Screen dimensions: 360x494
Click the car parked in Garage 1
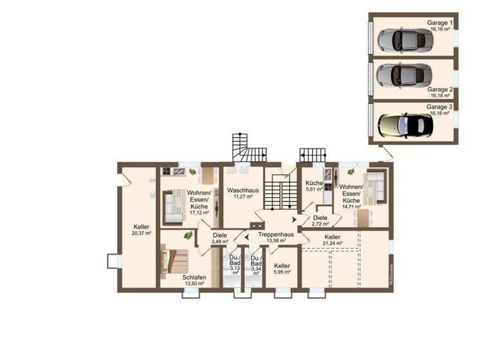(x=405, y=40)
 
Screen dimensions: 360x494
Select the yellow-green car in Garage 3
(x=405, y=122)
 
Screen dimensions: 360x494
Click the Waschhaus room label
(x=242, y=191)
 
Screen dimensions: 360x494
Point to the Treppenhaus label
(x=276, y=235)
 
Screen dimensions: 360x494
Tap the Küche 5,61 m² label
(x=314, y=186)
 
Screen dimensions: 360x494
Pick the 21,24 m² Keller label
(x=333, y=240)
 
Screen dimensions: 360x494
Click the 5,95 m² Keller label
(x=282, y=269)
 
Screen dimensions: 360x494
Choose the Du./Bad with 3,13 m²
(x=235, y=264)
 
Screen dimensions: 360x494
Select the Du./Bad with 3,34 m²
(x=256, y=264)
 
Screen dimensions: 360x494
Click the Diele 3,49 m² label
(x=220, y=238)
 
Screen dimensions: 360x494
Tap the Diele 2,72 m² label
(x=320, y=221)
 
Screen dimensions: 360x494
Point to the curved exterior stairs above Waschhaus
(x=247, y=148)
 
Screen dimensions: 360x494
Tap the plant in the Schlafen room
(x=187, y=236)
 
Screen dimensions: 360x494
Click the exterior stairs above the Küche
(x=313, y=155)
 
